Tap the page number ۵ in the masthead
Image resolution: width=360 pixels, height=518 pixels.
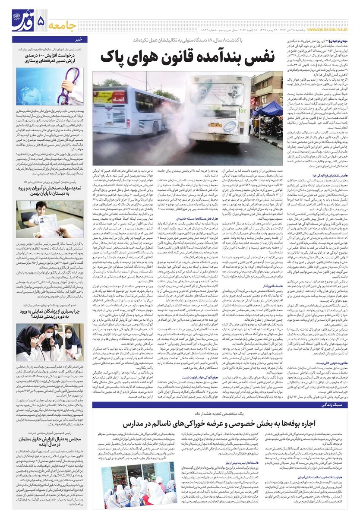pyautogui.click(x=41, y=20)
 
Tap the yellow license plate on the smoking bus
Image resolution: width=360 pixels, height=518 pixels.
pyautogui.click(x=215, y=125)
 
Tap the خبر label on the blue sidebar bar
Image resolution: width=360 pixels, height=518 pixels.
pyautogui.click(x=79, y=39)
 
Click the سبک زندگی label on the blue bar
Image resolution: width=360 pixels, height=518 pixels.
pyautogui.click(x=333, y=405)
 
